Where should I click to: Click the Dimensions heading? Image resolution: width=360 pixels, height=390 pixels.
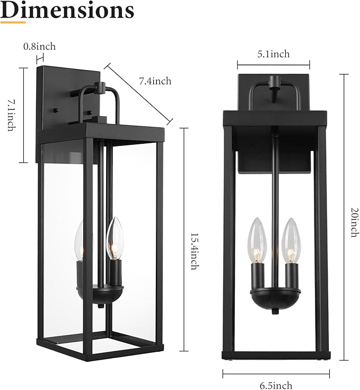(x=67, y=10)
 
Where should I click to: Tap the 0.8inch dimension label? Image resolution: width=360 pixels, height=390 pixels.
(x=40, y=47)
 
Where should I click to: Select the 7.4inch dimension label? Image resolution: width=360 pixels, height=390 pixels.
(x=155, y=81)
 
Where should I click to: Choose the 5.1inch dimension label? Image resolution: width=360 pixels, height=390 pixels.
(x=273, y=54)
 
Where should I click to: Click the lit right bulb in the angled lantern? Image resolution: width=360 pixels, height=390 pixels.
(x=115, y=239)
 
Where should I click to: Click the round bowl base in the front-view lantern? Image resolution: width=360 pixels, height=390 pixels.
(x=274, y=298)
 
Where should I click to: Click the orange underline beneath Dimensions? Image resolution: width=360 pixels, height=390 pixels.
(x=13, y=22)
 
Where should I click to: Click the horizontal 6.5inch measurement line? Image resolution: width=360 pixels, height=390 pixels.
(x=276, y=374)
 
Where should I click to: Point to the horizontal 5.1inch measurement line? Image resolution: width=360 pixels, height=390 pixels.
(x=273, y=65)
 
